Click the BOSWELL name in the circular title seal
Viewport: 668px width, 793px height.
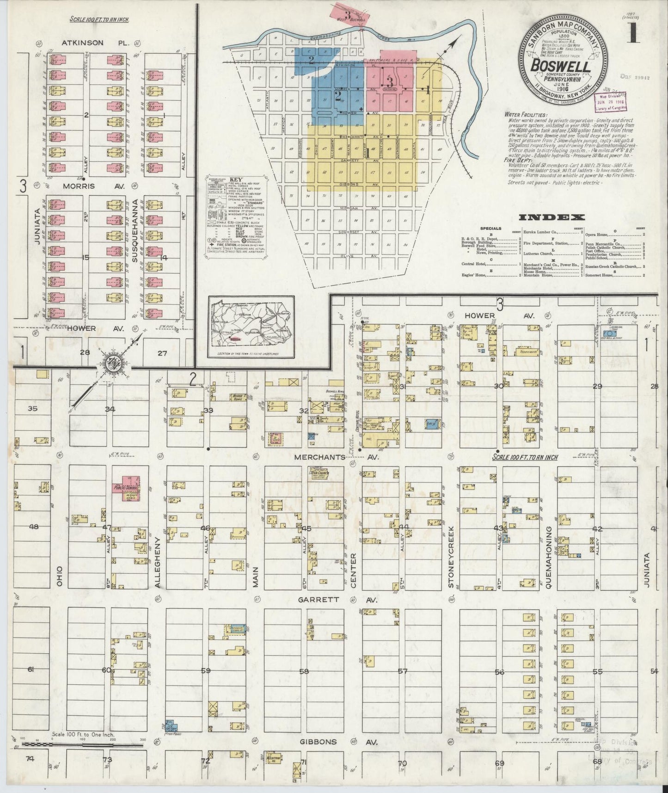pyautogui.click(x=567, y=66)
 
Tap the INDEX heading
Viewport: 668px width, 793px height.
pyautogui.click(x=552, y=217)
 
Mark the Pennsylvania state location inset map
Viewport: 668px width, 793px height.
pyautogui.click(x=251, y=328)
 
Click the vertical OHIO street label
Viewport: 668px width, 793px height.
pyautogui.click(x=59, y=576)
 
